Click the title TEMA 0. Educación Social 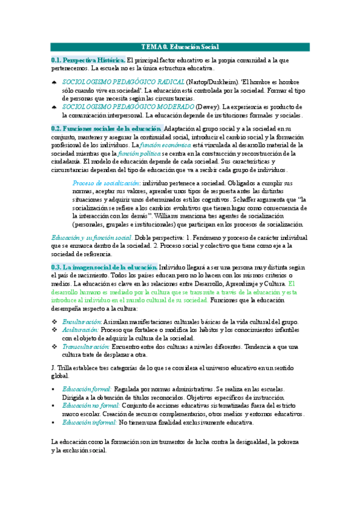coord(180,47)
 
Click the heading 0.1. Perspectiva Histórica coord(88,61)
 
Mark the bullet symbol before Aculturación coord(55,330)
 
